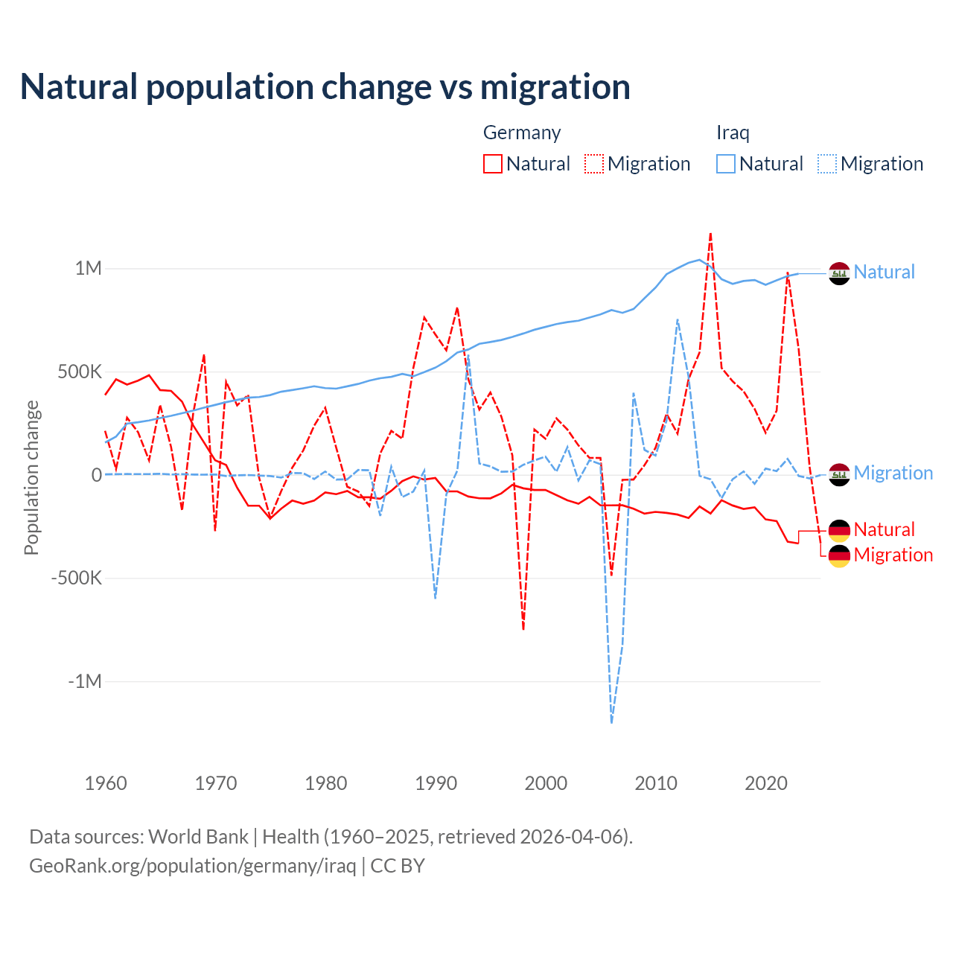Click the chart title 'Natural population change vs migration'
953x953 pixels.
tap(325, 87)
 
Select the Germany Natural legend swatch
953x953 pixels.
tap(493, 164)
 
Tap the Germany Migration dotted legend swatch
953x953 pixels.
tap(594, 164)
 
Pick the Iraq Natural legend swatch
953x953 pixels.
tap(726, 164)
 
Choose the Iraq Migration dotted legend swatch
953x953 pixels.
tap(827, 164)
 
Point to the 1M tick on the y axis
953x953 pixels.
tap(88, 268)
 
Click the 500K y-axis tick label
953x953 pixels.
tap(80, 372)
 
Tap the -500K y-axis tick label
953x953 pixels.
tap(76, 578)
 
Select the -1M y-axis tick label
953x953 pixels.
tap(84, 681)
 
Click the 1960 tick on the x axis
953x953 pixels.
tap(106, 783)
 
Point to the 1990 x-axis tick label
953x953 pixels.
tap(436, 783)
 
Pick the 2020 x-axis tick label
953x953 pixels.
tap(766, 783)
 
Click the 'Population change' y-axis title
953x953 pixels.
tap(31, 477)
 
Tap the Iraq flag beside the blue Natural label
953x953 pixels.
tap(839, 273)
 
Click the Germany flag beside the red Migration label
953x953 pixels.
tap(839, 555)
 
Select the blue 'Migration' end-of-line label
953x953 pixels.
tap(893, 473)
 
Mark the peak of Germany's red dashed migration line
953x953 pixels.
tap(710, 234)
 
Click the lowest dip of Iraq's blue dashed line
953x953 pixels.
tap(611, 722)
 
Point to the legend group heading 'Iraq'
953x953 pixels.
tap(733, 133)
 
